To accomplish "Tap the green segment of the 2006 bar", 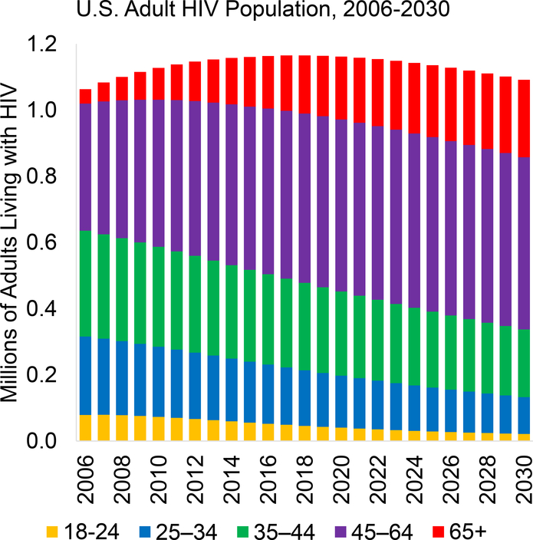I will (x=86, y=284).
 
